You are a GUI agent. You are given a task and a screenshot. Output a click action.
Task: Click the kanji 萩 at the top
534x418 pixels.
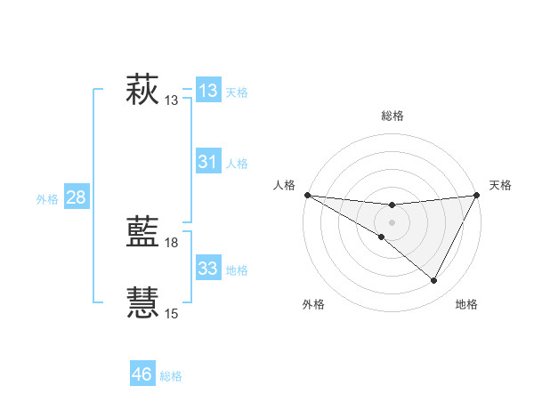pyautogui.click(x=142, y=90)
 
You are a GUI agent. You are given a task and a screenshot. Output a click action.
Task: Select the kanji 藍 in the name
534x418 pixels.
pyautogui.click(x=142, y=231)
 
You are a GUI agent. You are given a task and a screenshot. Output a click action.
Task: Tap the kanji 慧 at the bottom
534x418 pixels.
pyautogui.click(x=142, y=302)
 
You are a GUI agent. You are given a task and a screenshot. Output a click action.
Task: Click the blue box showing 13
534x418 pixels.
pyautogui.click(x=207, y=91)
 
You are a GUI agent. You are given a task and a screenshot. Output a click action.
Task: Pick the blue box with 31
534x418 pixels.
pyautogui.click(x=207, y=162)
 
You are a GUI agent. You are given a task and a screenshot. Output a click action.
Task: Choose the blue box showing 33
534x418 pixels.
pyautogui.click(x=207, y=269)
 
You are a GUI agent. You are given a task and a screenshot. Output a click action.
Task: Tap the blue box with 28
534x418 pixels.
pyautogui.click(x=76, y=197)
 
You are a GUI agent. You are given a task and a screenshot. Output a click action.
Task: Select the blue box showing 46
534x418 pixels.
pyautogui.click(x=142, y=374)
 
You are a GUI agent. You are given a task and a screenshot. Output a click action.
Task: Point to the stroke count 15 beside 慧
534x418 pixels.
pyautogui.click(x=172, y=314)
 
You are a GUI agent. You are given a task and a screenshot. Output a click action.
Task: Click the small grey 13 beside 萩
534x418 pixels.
pyautogui.click(x=172, y=100)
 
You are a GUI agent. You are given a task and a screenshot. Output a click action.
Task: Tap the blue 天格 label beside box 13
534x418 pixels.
pyautogui.click(x=237, y=92)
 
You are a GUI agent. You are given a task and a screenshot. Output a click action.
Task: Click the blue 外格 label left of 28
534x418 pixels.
pyautogui.click(x=47, y=199)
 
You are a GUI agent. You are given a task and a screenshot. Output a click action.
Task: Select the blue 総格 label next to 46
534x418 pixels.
pyautogui.click(x=171, y=376)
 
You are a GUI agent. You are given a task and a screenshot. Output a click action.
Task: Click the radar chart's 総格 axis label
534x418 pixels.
pyautogui.click(x=392, y=116)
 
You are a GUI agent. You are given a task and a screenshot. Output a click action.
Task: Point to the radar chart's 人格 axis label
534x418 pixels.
pyautogui.click(x=285, y=185)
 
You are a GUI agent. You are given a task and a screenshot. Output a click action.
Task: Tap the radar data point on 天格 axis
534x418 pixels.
pyautogui.click(x=476, y=195)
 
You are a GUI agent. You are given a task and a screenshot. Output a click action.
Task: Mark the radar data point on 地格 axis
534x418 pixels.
pyautogui.click(x=434, y=281)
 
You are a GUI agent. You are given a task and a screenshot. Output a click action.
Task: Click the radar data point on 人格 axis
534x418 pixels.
pyautogui.click(x=307, y=195)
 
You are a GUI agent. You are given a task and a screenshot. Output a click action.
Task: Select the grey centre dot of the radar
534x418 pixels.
pyautogui.click(x=392, y=221)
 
